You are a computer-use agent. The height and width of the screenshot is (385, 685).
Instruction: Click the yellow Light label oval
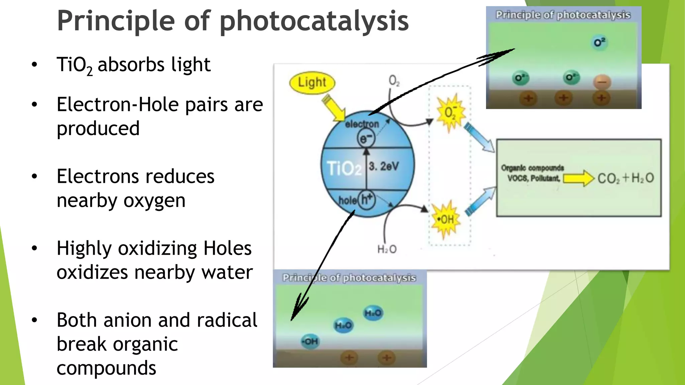312,83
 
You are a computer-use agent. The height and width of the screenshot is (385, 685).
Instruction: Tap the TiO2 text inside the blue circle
344,168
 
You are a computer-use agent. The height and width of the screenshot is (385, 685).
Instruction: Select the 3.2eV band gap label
384,166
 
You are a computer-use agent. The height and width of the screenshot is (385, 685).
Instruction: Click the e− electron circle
366,138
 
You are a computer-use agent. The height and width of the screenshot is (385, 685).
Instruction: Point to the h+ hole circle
367,200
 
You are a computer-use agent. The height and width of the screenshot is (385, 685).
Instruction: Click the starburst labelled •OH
446,220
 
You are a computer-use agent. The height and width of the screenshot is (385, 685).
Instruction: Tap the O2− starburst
450,113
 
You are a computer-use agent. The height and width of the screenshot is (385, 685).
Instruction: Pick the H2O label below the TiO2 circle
387,249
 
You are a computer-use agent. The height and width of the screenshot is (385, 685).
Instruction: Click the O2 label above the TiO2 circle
394,81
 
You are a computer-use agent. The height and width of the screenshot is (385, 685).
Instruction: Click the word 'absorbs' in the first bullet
131,65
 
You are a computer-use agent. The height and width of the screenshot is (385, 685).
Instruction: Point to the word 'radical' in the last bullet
227,320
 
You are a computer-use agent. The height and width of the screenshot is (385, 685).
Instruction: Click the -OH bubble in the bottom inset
310,342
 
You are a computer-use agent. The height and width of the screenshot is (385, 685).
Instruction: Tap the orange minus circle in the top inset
602,82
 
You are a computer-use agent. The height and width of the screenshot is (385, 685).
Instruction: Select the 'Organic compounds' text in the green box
532,168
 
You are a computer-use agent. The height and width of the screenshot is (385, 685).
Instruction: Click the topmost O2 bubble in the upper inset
599,42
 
